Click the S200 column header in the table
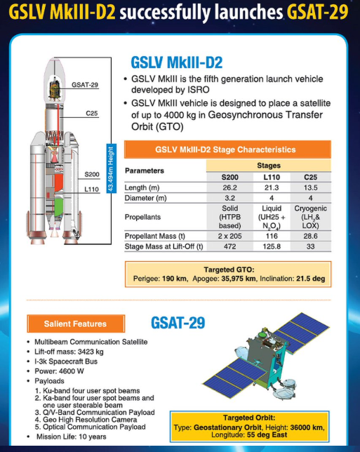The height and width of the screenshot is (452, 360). tap(229, 177)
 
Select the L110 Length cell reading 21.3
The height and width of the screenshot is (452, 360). tap(272, 187)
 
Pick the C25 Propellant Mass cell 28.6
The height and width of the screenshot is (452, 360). tap(310, 236)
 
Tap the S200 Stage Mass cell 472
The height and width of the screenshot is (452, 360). tap(229, 247)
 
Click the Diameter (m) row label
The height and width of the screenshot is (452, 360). tap(145, 198)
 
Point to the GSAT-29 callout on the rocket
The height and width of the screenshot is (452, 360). tap(85, 85)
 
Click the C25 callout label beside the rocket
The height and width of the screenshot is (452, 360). tap(92, 113)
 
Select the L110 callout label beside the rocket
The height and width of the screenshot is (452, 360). tap(91, 190)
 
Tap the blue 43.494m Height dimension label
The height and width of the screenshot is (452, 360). tap(111, 168)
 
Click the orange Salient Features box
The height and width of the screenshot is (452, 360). tap(76, 324)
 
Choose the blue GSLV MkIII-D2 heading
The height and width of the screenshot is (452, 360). tap(176, 62)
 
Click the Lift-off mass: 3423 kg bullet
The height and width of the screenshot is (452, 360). tap(69, 352)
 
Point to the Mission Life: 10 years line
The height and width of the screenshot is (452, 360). tap(71, 437)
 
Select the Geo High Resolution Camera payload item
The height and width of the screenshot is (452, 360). tap(90, 420)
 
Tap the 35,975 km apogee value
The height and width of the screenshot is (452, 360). tap(239, 279)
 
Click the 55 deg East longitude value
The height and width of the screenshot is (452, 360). tap(267, 434)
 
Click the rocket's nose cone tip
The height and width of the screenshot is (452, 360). tap(54, 58)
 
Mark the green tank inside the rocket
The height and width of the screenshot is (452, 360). tap(59, 208)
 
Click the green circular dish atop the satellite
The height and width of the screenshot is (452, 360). tap(262, 335)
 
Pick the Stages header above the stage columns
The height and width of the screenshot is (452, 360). tap(269, 166)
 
